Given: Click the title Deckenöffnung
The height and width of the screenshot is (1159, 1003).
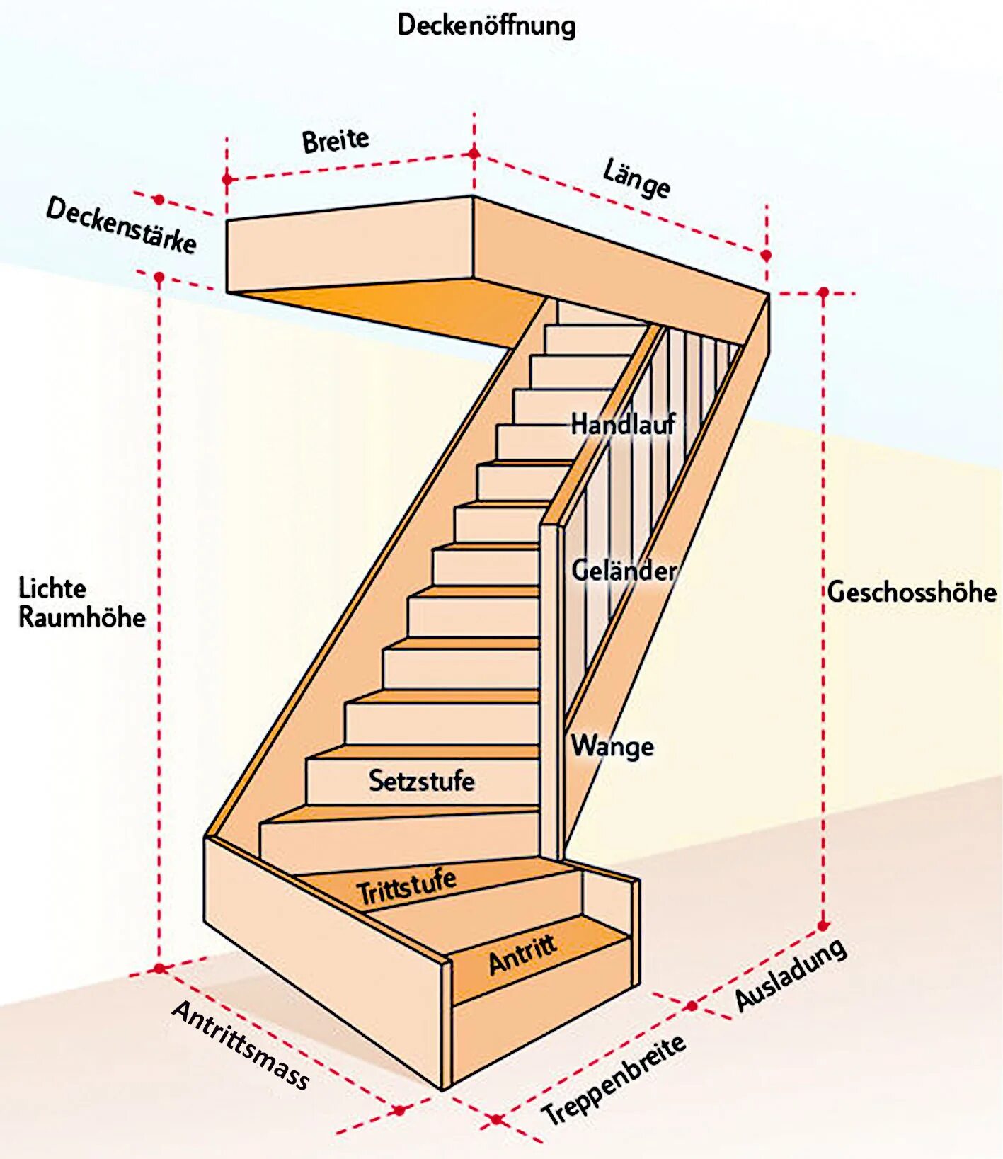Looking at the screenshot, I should tap(486, 26).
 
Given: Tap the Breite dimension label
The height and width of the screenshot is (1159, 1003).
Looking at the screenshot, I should tap(336, 140).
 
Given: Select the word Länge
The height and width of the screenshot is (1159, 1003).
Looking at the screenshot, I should tap(636, 178).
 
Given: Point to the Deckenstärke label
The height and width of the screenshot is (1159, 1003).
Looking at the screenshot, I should tap(121, 225).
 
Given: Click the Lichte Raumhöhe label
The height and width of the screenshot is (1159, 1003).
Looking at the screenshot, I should tap(81, 603).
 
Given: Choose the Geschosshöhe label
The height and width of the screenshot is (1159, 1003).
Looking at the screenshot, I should tap(912, 592).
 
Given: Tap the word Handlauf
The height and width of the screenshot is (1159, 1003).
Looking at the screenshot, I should tap(623, 425).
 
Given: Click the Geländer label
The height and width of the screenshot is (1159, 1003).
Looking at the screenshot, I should tap(624, 571).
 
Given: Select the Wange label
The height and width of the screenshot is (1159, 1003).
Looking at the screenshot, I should tap(612, 746).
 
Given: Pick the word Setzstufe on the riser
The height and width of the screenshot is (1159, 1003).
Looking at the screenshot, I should tap(421, 781).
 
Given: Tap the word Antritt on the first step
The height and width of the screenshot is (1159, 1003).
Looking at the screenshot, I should tap(522, 954).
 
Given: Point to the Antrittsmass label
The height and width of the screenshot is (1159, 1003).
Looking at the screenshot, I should tap(241, 1045).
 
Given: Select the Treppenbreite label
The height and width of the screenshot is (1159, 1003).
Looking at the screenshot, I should tap(614, 1080).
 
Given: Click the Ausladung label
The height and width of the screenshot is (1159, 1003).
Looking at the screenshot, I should tap(791, 974).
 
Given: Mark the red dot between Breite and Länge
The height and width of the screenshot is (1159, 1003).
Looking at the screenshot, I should tap(474, 154).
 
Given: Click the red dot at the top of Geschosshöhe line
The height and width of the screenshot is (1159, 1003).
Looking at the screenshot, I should tap(823, 292).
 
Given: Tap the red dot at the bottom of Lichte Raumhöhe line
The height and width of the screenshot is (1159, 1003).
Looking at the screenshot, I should tap(159, 968).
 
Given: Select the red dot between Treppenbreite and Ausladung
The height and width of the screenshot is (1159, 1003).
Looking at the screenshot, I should tap(692, 1005).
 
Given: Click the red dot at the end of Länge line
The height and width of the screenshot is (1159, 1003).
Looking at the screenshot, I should tap(765, 255).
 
